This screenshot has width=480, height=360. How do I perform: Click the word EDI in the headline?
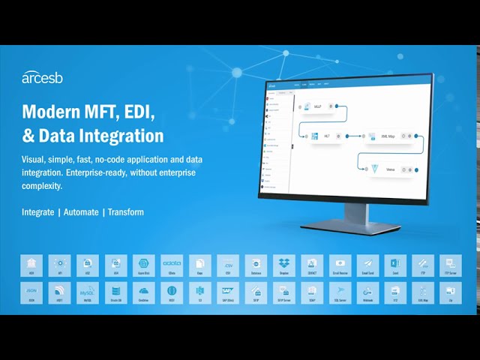(136, 112)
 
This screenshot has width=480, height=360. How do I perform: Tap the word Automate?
(81, 212)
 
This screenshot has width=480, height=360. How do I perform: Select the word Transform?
(126, 212)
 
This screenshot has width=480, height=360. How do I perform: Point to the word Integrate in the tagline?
(37, 212)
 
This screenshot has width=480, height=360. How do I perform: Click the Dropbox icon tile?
(283, 264)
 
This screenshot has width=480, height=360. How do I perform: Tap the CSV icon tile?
(228, 264)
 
